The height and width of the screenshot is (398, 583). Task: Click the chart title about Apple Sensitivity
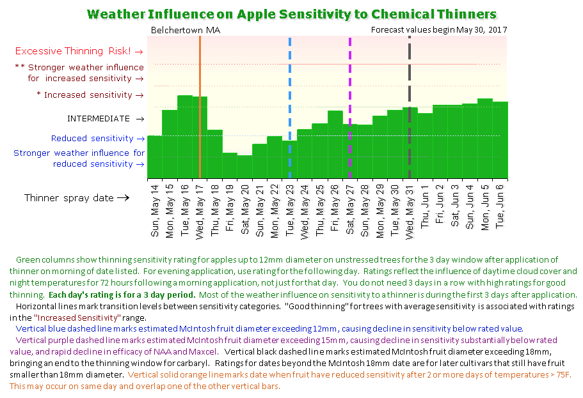291,14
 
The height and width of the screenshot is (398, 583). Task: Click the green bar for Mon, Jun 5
484,137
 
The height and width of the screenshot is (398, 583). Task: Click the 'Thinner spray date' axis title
77,198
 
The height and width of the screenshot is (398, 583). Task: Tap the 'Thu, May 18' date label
215,211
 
